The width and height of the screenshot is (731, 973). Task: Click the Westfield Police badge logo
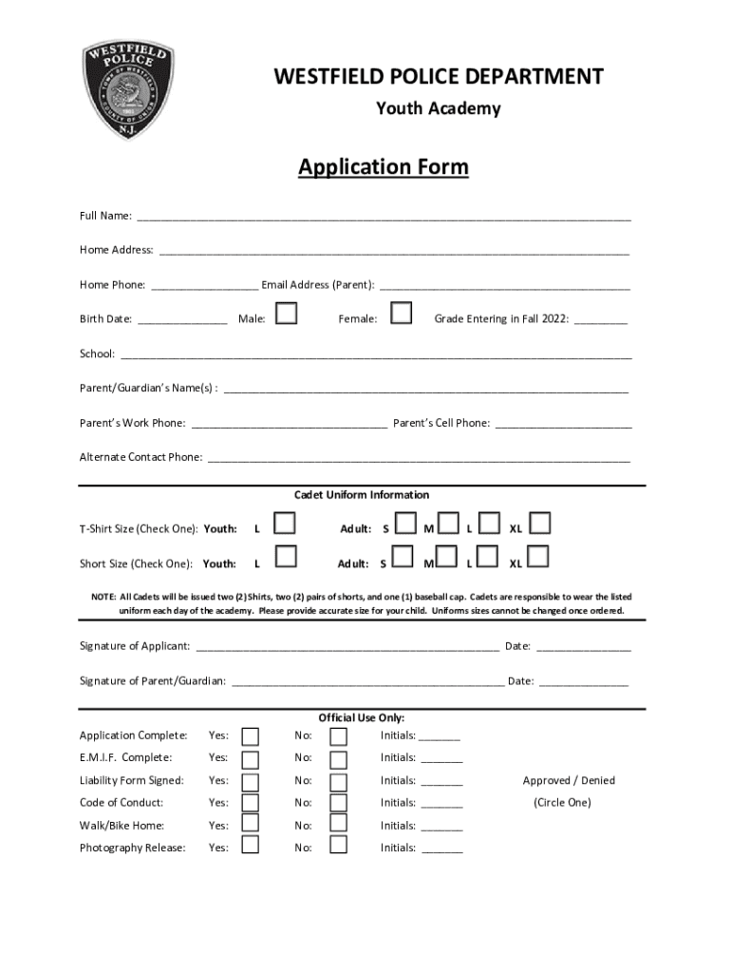(128, 93)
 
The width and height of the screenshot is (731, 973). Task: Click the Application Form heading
(383, 168)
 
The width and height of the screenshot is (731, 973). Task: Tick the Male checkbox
(286, 314)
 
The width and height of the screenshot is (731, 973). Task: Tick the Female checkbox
(402, 314)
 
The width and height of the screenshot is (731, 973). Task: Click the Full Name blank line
(384, 217)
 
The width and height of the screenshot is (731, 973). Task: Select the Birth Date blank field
(182, 321)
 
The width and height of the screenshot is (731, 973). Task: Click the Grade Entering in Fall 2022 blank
(600, 321)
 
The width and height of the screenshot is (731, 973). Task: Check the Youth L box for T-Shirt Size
(285, 524)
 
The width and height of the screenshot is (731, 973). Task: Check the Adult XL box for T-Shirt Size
(540, 524)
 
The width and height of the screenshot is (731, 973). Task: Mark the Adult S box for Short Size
(404, 557)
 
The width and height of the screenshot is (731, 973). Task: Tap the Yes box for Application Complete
(250, 736)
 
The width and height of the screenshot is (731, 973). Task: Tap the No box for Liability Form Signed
(338, 782)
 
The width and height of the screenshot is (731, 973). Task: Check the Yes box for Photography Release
(250, 845)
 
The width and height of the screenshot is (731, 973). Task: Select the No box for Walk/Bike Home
(338, 824)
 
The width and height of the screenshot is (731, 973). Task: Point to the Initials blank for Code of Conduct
(441, 805)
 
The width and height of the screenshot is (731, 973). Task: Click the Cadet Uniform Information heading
(362, 495)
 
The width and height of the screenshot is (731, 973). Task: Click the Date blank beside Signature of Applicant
(583, 648)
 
